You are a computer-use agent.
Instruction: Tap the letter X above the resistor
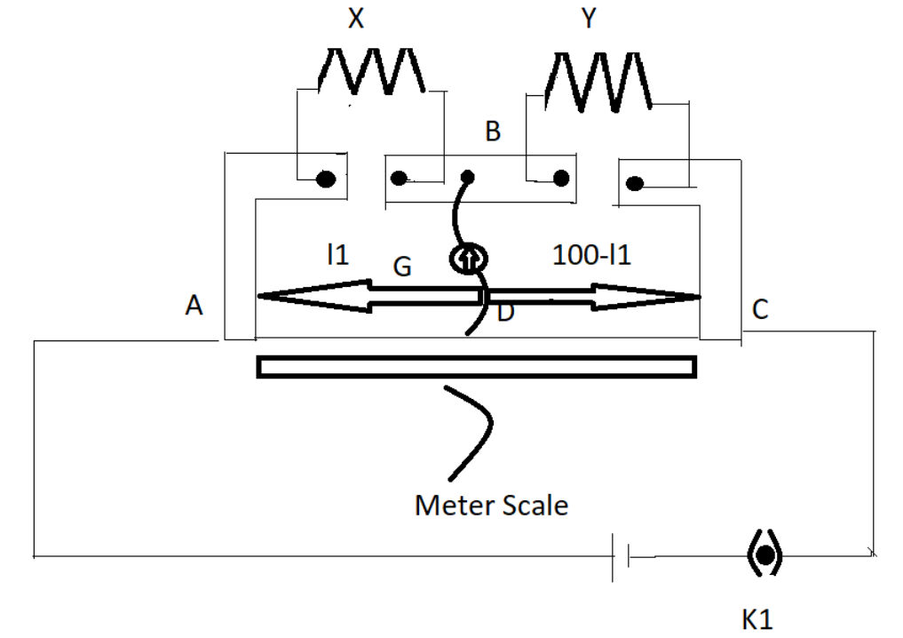pos(356,19)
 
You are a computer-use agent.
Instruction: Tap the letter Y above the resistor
pos(589,19)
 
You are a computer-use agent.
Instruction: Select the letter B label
pos(493,132)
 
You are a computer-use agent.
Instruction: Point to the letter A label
pos(194,307)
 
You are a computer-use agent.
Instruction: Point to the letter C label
pos(760,309)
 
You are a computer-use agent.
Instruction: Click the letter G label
pos(402,267)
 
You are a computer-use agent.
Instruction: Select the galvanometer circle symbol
pos(468,259)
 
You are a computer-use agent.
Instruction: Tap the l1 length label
pos(337,256)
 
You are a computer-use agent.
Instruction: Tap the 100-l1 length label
pos(591,256)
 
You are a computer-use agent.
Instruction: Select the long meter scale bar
pos(476,366)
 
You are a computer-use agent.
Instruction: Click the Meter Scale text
pos(491,506)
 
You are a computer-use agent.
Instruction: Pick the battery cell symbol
pos(622,557)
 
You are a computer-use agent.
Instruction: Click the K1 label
pos(757,618)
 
